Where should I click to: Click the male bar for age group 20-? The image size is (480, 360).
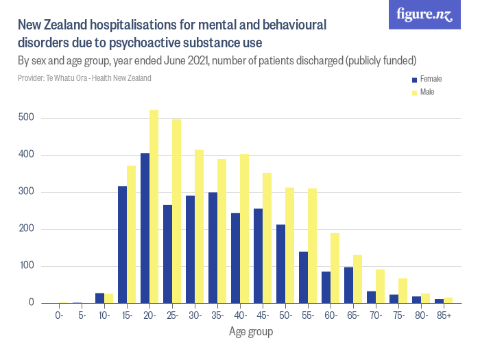tap(154, 206)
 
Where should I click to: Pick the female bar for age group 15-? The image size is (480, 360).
tap(122, 244)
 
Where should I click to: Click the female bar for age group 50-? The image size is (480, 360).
tap(280, 264)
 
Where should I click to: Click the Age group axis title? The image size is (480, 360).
tap(251, 333)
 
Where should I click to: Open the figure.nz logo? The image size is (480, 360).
tap(424, 15)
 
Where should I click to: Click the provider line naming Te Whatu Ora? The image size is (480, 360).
tap(84, 77)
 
